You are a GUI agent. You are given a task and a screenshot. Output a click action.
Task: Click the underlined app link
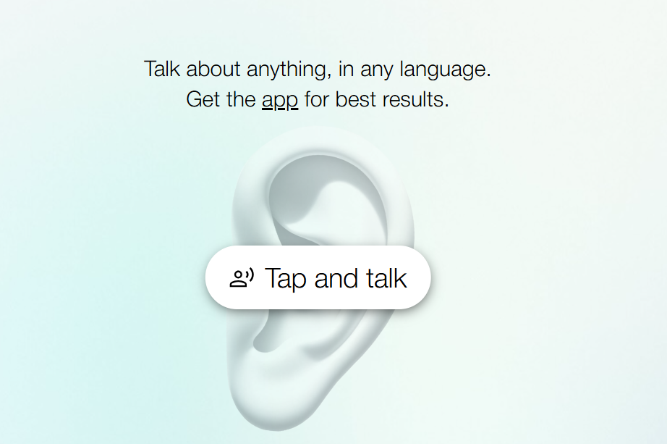280,101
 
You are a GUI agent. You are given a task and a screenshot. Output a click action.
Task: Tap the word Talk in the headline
161,69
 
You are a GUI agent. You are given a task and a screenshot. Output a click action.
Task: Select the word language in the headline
446,70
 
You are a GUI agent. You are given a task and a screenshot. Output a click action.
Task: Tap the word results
415,99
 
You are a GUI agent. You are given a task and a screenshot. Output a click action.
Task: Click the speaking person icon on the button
242,278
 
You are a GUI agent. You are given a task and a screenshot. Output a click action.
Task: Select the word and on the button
336,278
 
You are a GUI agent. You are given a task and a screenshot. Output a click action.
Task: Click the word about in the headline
213,69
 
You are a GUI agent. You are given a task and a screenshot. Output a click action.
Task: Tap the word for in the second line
317,99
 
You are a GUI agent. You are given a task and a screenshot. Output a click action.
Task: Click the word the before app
241,99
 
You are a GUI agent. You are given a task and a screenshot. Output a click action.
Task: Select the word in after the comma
346,69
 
